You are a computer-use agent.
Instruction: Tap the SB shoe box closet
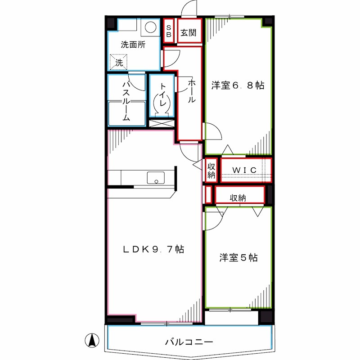coord(169,31)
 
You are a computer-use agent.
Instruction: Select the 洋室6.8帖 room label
coord(238,85)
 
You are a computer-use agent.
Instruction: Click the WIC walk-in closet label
coord(245,170)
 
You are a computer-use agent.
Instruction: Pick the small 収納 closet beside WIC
coord(211,170)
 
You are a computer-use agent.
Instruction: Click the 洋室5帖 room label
coord(238,258)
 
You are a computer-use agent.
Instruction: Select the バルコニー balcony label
coord(189,342)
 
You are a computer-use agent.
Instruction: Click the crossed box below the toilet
coord(161,123)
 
